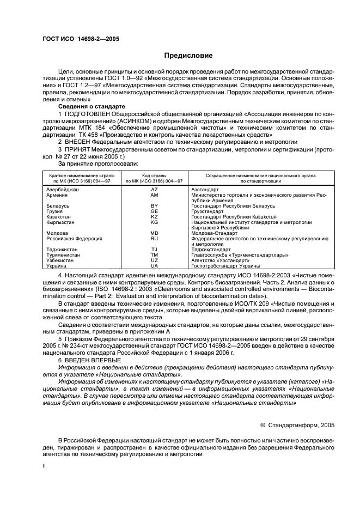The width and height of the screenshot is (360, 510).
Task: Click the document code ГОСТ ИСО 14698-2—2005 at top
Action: (x=81, y=39)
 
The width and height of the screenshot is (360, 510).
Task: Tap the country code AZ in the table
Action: (x=154, y=189)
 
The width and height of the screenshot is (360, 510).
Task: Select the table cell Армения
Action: (x=57, y=195)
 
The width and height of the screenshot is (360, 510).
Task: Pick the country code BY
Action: (x=154, y=206)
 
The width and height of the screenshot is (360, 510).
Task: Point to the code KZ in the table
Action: (x=154, y=217)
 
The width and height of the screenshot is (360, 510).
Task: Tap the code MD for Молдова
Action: (x=154, y=233)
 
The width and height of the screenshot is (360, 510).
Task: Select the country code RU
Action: (x=154, y=239)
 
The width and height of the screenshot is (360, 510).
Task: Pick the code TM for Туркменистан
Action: (x=154, y=255)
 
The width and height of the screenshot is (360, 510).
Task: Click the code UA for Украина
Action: (x=154, y=266)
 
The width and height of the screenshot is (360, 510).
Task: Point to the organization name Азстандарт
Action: (x=205, y=189)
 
